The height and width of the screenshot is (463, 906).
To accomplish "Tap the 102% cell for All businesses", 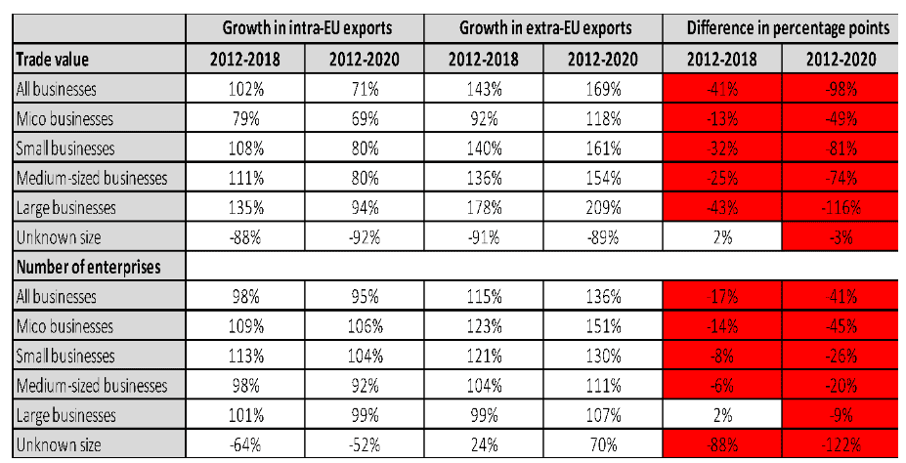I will click(x=245, y=89).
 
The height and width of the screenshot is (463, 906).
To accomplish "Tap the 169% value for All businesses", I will click(x=603, y=89).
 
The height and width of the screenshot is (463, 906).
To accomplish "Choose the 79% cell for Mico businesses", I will click(x=245, y=119).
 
